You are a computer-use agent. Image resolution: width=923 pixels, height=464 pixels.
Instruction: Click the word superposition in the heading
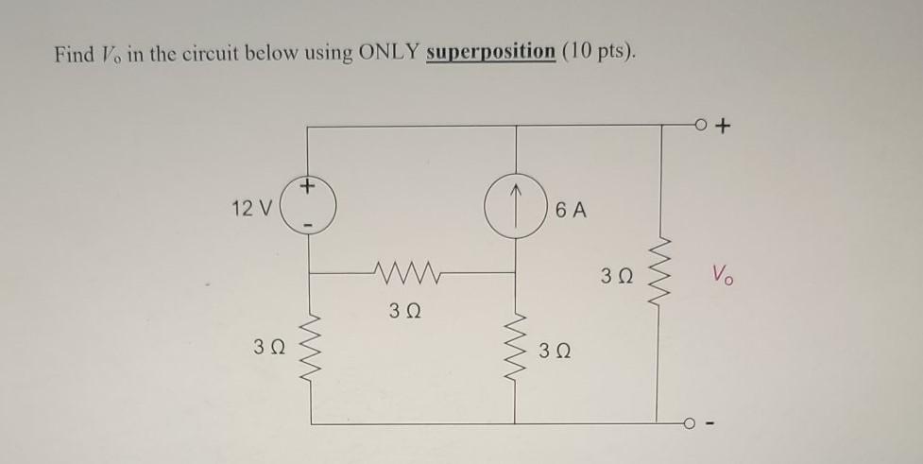[490, 53]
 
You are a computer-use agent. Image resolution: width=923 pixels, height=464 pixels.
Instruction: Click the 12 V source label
[251, 209]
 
